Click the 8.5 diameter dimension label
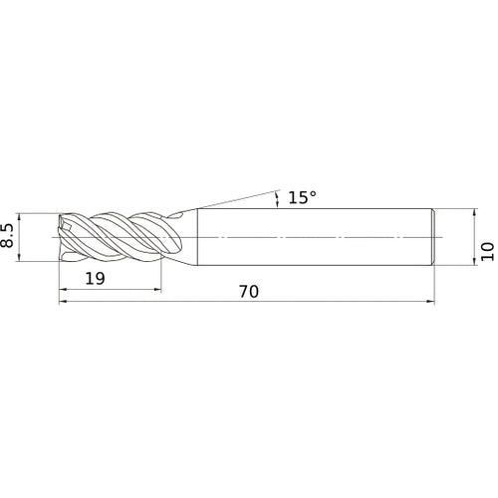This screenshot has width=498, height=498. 7,236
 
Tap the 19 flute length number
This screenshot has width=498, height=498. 95,278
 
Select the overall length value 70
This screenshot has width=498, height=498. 249,292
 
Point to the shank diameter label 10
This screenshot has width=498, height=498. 487,251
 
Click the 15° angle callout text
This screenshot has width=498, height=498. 302,197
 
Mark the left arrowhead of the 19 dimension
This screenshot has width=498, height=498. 63,290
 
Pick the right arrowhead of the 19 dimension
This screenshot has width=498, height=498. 157,290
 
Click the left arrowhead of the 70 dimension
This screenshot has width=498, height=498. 63,302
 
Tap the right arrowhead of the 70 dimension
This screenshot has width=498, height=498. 430,302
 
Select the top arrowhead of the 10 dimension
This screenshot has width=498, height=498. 475,213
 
